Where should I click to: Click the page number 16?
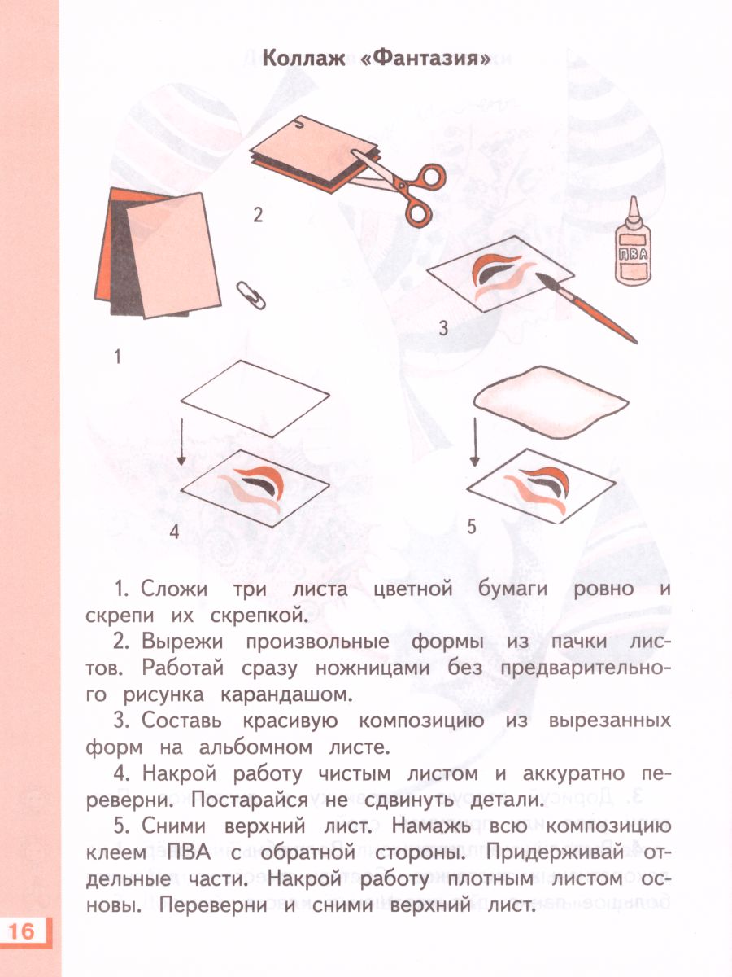coord(24,931)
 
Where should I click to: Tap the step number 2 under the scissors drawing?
coord(258,215)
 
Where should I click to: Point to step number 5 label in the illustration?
coord(471,527)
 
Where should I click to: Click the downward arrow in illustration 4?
coord(181,440)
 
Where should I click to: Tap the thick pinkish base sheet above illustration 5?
coord(551,398)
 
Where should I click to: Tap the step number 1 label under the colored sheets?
coord(117,357)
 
